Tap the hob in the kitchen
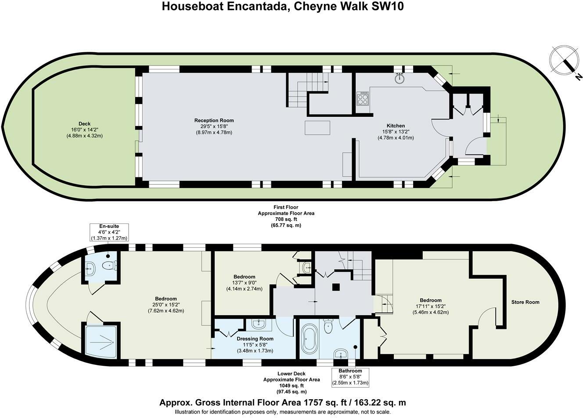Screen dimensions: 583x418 (x=363, y=98)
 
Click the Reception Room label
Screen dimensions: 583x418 (x=214, y=120)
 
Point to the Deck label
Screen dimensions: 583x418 (x=85, y=124)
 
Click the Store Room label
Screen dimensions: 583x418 (x=525, y=302)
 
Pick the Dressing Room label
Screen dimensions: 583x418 (x=255, y=339)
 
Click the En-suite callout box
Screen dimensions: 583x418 (x=109, y=232)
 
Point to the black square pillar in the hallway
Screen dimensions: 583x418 (x=336, y=287)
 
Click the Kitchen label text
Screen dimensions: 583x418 (x=396, y=126)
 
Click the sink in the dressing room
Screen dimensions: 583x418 (x=259, y=324)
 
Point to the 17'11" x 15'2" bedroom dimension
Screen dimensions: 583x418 (x=431, y=306)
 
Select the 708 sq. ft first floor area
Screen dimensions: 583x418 (x=286, y=219)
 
